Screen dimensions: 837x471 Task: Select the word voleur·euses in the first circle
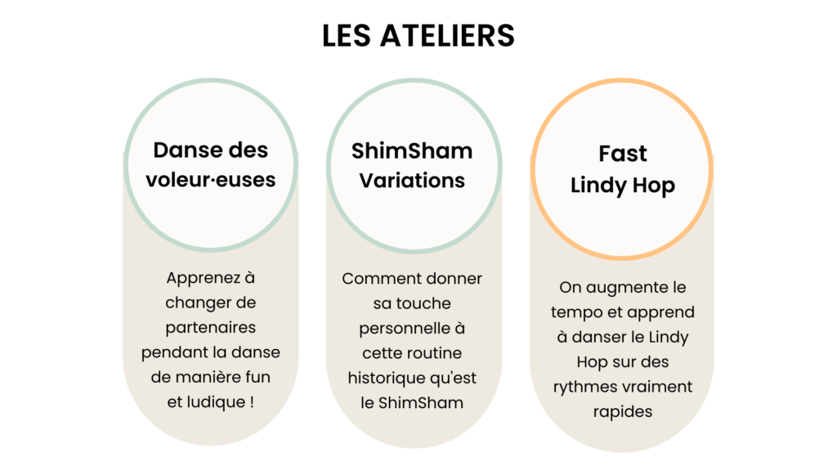211,180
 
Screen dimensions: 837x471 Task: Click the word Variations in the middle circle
412,181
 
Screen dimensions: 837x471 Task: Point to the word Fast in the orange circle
622,154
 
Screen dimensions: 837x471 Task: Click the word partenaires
211,327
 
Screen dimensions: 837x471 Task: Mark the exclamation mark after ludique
252,401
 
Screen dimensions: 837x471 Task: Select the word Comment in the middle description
375,279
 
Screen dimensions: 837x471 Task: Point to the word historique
383,378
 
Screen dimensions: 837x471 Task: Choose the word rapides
622,412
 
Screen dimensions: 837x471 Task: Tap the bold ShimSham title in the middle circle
412,151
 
